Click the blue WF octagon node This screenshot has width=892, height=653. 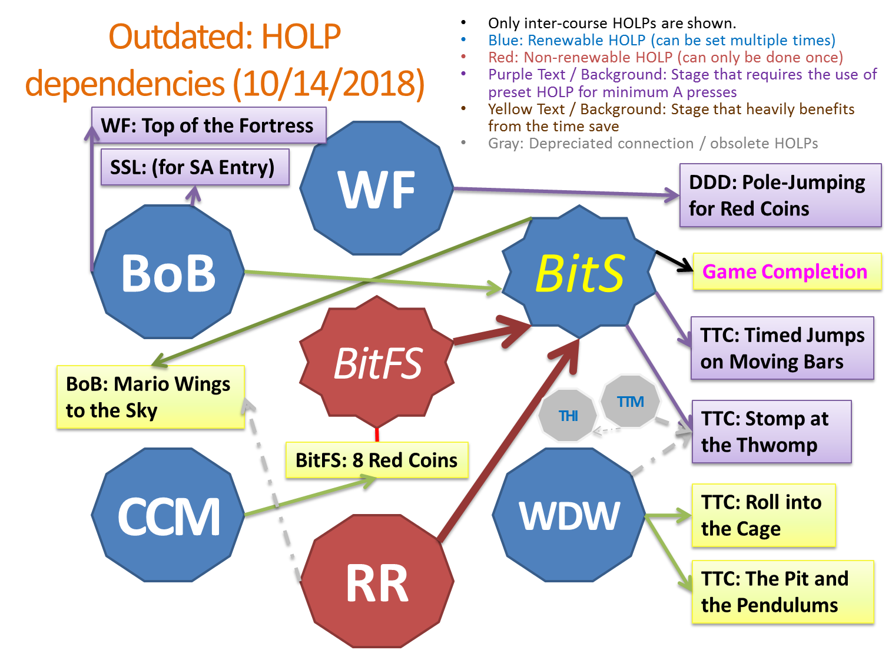(x=377, y=188)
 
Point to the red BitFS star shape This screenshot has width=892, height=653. (x=377, y=362)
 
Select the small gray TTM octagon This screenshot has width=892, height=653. (x=631, y=402)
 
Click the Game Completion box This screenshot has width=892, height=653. (x=787, y=271)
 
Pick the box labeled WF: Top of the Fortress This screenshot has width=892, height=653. (x=208, y=125)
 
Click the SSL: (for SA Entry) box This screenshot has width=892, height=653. (x=195, y=167)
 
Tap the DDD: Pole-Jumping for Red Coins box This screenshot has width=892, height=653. (x=781, y=195)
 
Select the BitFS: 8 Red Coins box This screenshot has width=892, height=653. (x=377, y=460)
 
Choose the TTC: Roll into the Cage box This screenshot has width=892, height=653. (x=764, y=516)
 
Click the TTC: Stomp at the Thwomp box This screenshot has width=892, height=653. (x=772, y=432)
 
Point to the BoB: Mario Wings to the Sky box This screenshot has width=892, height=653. (x=151, y=397)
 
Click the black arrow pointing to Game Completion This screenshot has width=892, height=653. (x=674, y=261)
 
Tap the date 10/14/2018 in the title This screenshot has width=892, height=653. (x=329, y=84)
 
